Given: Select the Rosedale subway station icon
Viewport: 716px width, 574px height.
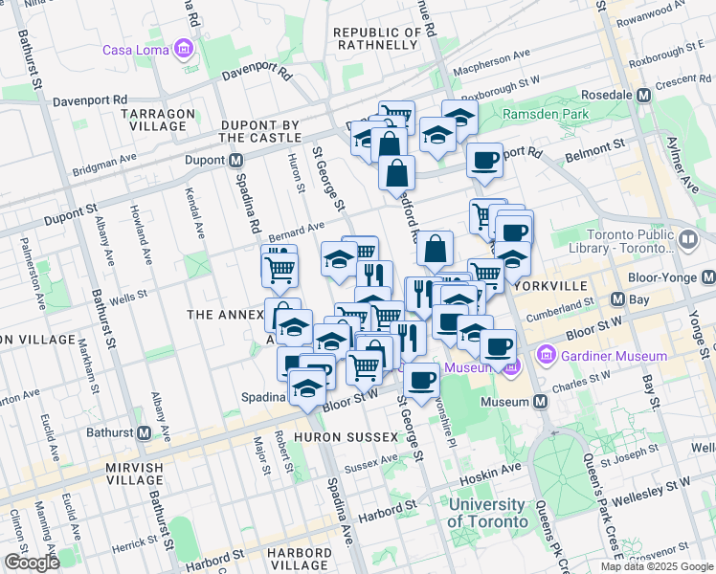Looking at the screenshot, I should point(644,96).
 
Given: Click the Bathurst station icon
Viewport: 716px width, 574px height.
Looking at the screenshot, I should point(144,432).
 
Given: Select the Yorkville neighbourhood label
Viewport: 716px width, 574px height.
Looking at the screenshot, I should point(553,286).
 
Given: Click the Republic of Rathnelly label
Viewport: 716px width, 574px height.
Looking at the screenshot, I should point(377,39).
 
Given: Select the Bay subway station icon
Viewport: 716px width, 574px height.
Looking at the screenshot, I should point(618,298).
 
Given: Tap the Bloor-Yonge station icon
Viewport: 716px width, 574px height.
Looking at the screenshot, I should point(707,277).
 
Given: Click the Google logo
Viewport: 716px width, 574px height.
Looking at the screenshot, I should point(31,563).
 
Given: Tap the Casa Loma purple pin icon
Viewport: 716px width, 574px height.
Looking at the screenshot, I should point(182,49).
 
